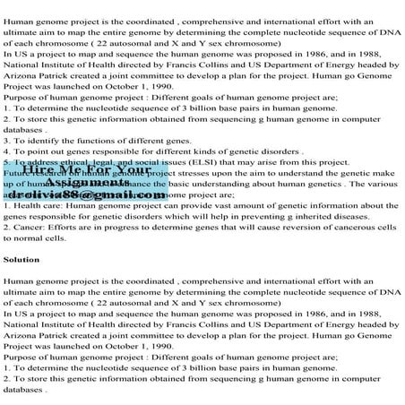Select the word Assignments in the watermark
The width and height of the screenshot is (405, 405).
point(84,181)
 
